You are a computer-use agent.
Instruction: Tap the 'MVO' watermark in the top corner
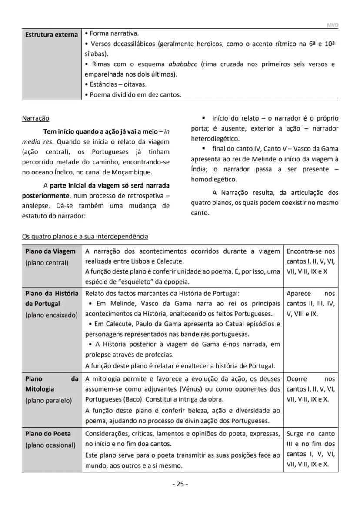[x=332, y=25]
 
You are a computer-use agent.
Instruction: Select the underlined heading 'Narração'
[x=36, y=118]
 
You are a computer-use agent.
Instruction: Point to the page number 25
[x=180, y=484]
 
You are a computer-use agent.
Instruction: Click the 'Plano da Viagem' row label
[x=50, y=251]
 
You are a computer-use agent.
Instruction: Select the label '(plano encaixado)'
[x=51, y=315]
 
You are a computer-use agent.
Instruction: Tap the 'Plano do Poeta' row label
[x=48, y=434]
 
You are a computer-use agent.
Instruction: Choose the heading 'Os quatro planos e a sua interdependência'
[x=85, y=237]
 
